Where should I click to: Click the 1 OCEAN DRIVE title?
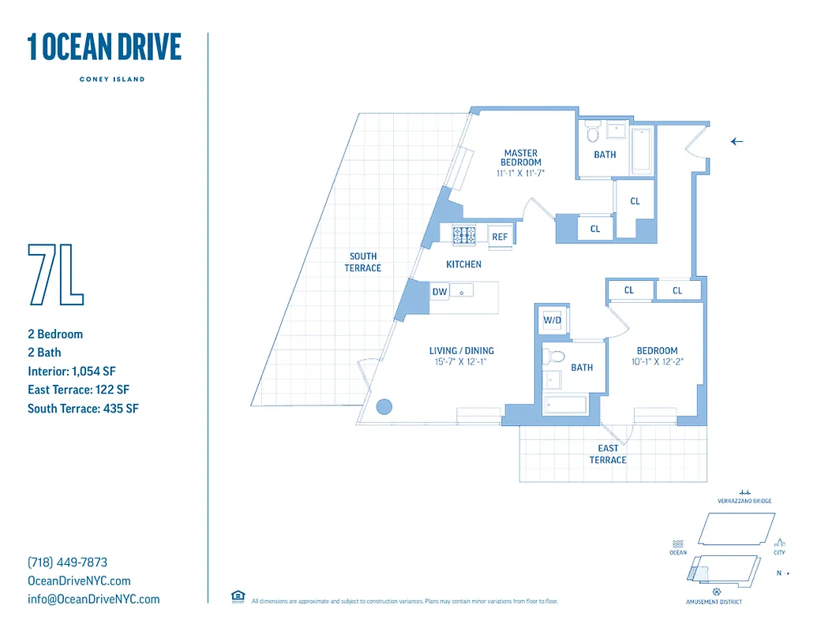[104, 47]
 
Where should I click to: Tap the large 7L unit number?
[55, 274]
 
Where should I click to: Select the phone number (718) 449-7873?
[67, 562]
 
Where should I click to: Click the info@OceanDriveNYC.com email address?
[93, 599]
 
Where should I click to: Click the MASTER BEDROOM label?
[520, 158]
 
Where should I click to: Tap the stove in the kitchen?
[464, 235]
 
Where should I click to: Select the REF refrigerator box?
[500, 237]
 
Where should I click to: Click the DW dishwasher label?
[440, 292]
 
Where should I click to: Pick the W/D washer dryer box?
[551, 321]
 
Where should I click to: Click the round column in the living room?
[384, 407]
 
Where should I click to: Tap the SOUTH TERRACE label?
[363, 262]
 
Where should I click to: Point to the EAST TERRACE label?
[608, 454]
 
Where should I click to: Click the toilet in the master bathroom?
[592, 130]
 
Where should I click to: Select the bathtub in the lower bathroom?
[565, 405]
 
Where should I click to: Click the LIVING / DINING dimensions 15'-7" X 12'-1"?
[462, 362]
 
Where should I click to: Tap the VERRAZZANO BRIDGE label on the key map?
[744, 501]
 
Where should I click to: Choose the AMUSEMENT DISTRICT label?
[714, 602]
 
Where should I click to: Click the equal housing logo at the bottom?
[238, 596]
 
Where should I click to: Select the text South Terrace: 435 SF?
[83, 409]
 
